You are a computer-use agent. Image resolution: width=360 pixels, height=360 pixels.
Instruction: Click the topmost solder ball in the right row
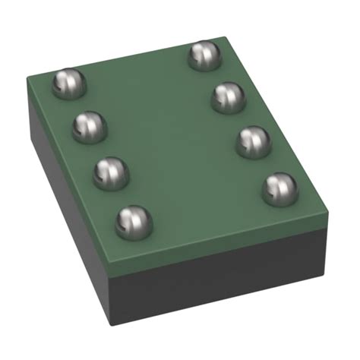coord(204,55)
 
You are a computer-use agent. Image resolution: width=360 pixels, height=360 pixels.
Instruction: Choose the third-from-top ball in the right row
coord(254,141)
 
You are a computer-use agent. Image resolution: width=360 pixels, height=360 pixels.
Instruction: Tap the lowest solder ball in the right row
coord(279,188)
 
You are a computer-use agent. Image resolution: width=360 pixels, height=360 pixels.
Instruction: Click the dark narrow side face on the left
coord(65,190)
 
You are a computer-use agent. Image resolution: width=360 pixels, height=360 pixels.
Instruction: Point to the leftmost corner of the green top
coord(28,77)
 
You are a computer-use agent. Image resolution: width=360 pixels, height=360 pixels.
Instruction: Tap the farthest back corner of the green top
coord(226,36)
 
